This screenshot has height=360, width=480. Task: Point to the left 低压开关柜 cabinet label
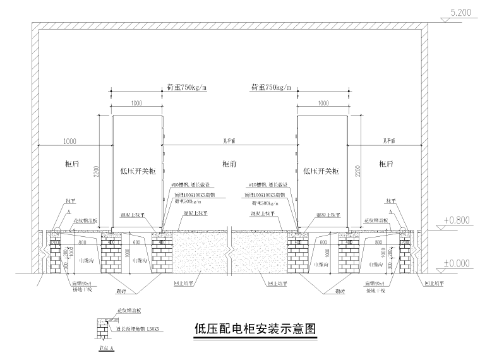[136, 171]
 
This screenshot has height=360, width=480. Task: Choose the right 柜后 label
[386, 164]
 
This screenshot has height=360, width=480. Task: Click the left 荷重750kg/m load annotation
[187, 87]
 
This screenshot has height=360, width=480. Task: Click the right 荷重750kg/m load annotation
[271, 87]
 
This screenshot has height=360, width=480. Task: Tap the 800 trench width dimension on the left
[81, 242]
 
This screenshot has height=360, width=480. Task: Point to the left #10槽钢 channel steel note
[194, 186]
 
